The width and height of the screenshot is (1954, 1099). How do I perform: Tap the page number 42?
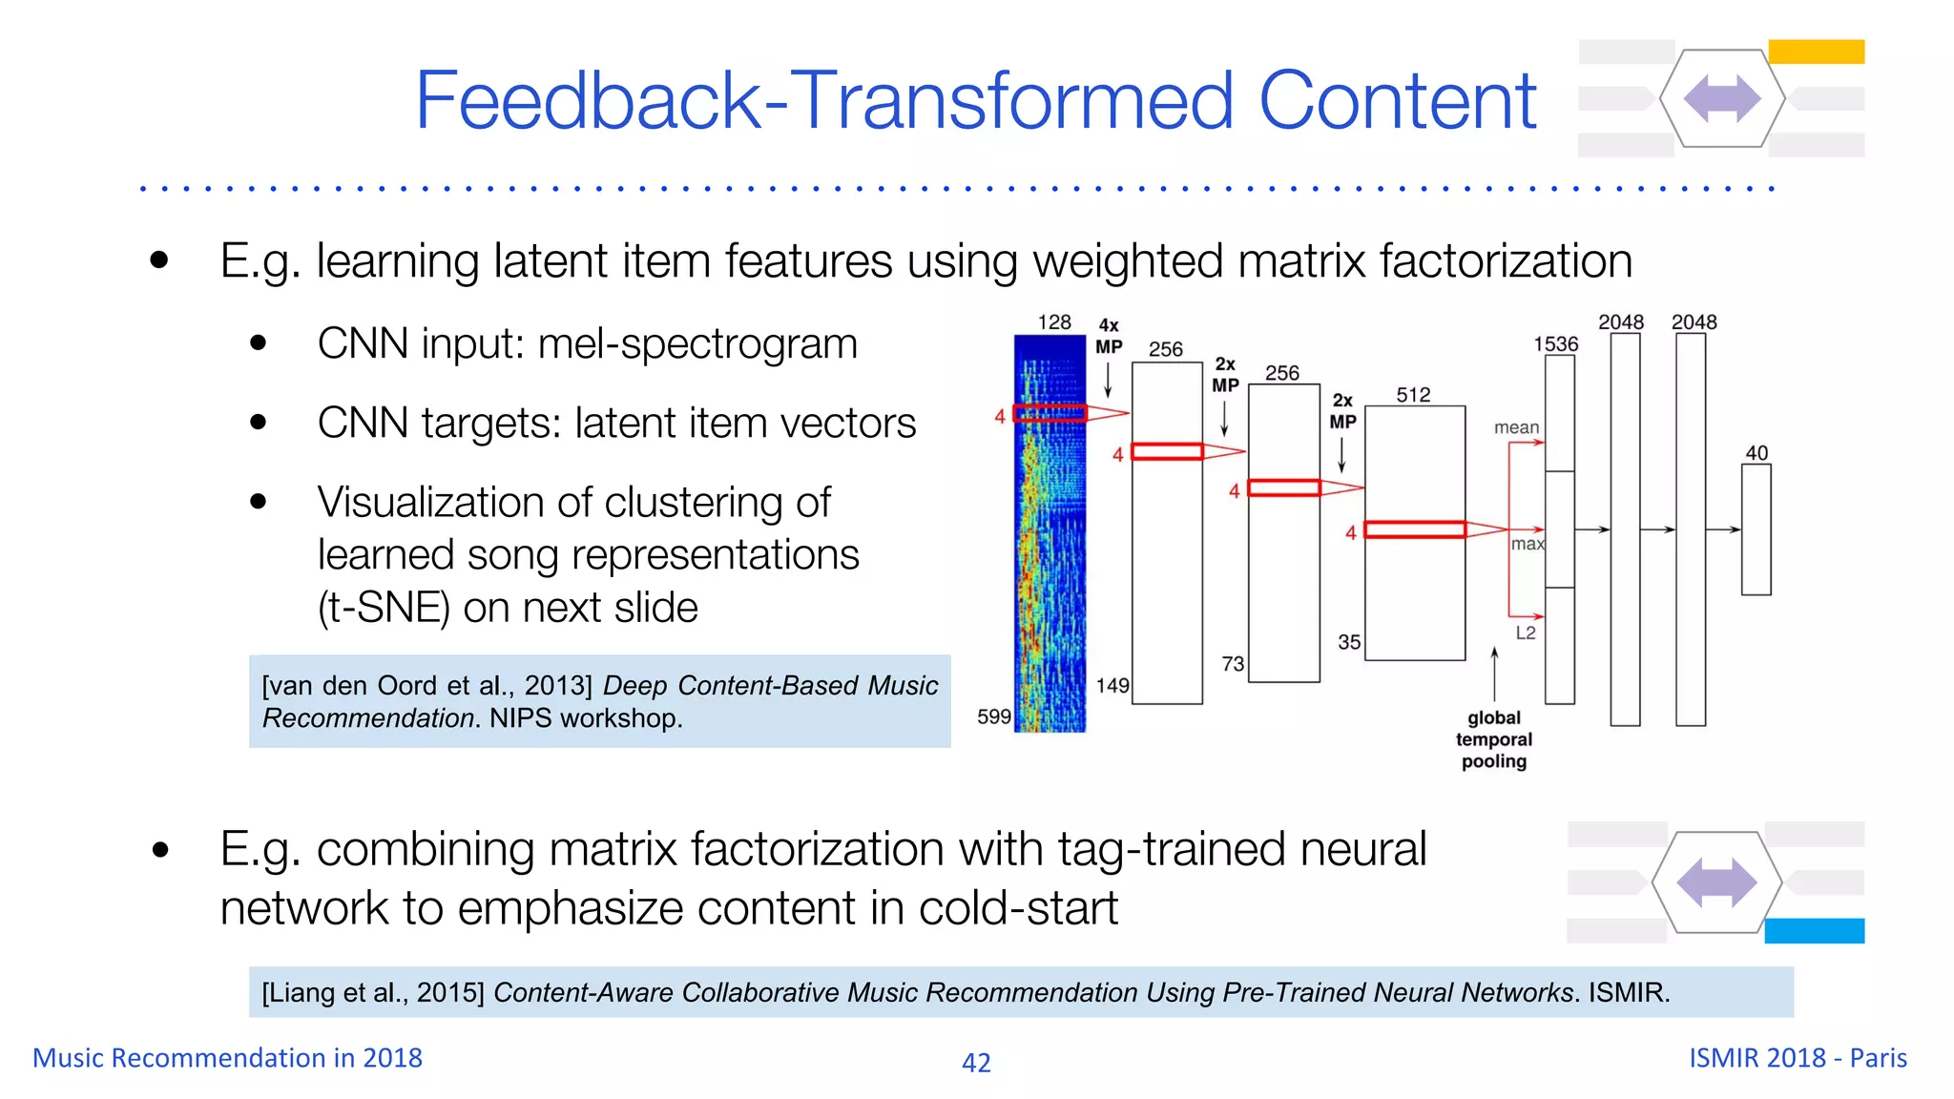(976, 1063)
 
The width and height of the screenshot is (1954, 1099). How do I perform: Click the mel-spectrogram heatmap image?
(1050, 534)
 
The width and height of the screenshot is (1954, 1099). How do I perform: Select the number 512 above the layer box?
(1413, 395)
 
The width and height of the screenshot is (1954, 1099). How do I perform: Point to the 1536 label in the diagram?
(1555, 344)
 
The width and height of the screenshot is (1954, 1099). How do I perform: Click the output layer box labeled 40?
(1756, 529)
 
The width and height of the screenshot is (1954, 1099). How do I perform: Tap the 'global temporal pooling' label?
(1494, 739)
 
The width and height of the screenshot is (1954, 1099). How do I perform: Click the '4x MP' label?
(1109, 337)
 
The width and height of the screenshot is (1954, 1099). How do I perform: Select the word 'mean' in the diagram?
(1516, 427)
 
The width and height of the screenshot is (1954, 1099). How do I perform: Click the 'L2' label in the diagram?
(1526, 632)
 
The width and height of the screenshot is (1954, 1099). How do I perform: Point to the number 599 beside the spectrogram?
(993, 716)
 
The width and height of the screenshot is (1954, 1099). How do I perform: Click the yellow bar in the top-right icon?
(1816, 52)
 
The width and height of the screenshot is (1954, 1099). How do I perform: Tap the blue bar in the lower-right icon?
(1814, 930)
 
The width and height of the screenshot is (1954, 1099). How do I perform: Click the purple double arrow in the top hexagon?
(1722, 98)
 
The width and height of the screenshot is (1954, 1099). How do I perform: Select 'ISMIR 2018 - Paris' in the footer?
(1798, 1058)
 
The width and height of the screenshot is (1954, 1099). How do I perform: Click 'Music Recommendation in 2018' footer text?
(227, 1058)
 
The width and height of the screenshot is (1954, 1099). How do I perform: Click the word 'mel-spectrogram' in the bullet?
(697, 344)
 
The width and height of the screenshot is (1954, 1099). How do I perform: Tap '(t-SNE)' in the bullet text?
(384, 608)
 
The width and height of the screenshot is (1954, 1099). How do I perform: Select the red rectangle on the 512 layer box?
(1415, 529)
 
